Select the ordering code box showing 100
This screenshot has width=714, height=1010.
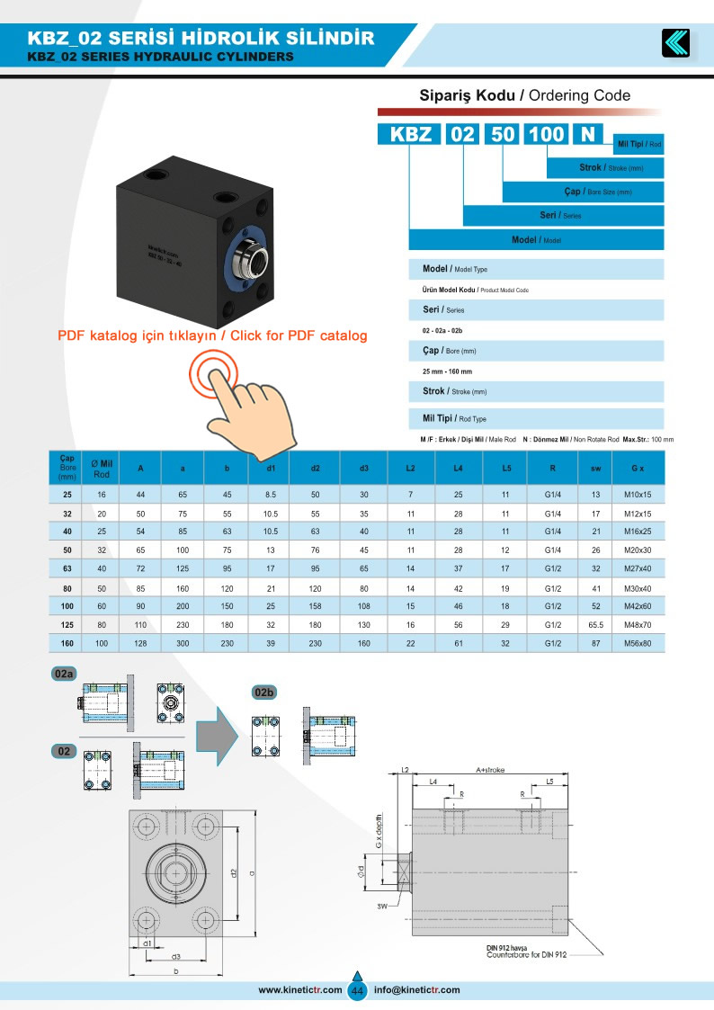[546, 134]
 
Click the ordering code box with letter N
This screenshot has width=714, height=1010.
[588, 134]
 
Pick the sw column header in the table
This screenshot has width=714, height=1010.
[595, 467]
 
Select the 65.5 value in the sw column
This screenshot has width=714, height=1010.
[595, 623]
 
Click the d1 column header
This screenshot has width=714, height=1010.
[270, 467]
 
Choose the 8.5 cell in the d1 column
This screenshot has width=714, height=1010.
[270, 495]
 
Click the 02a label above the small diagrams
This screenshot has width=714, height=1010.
[64, 674]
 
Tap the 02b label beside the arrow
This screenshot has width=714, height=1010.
[263, 693]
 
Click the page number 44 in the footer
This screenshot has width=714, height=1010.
[357, 990]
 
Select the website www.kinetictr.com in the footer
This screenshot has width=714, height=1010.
[300, 990]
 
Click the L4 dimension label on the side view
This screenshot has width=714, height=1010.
[433, 783]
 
